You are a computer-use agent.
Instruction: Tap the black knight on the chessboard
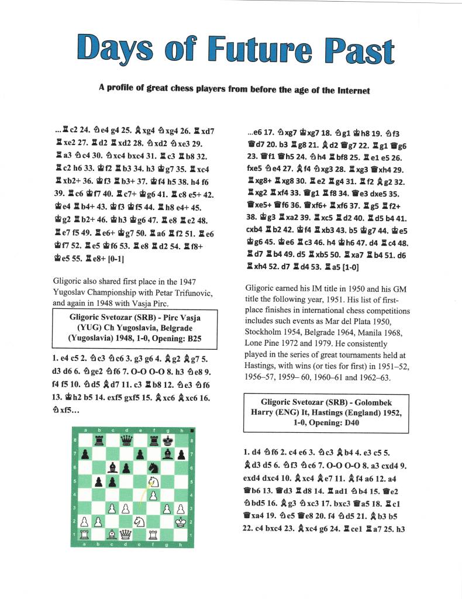(x=154, y=467)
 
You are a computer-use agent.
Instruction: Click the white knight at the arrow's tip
(x=154, y=481)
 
